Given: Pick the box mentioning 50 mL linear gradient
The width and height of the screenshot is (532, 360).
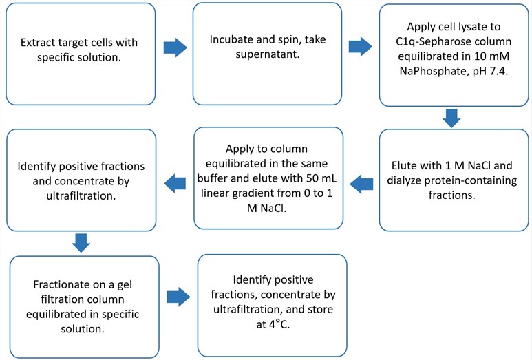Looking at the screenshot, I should [x=268, y=178].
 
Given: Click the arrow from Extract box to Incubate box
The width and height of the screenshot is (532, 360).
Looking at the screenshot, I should [x=175, y=47].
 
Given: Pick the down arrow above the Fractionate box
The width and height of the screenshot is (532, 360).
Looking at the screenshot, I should [x=81, y=242].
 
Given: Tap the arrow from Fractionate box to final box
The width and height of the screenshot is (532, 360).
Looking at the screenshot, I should [x=178, y=297].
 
